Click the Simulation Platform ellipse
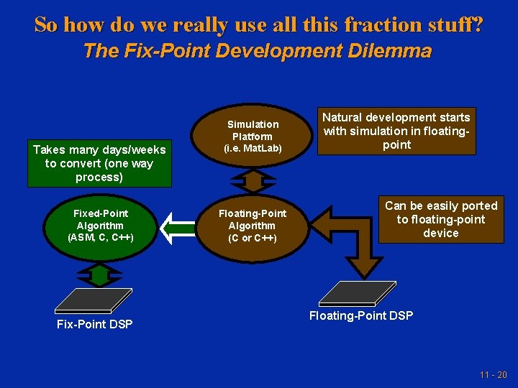(252, 137)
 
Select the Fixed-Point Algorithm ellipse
(101, 225)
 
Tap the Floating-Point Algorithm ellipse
(252, 225)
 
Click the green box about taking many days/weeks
(99, 163)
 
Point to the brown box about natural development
(396, 131)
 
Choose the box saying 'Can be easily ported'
(441, 219)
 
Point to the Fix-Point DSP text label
(95, 324)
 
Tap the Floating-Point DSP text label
(361, 315)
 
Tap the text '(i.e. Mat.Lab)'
(253, 149)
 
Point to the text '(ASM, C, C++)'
(101, 237)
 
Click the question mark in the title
(477, 24)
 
